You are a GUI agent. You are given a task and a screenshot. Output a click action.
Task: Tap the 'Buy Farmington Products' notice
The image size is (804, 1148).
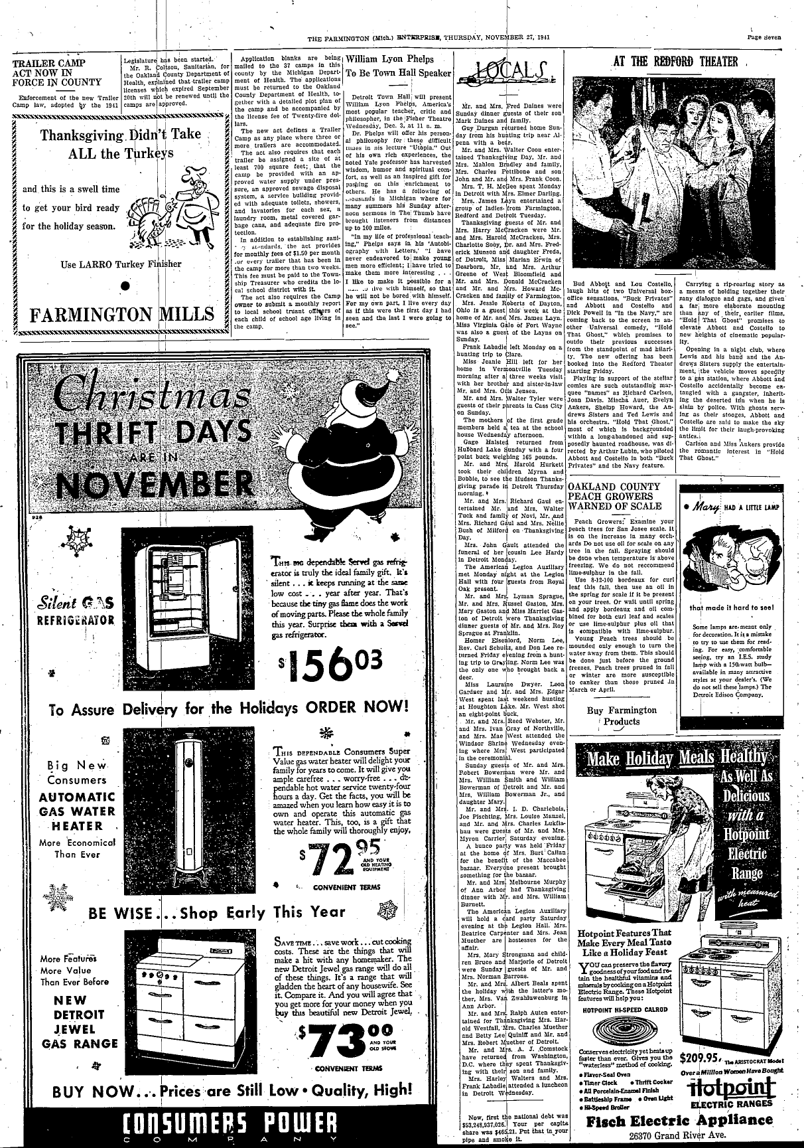(x=622, y=715)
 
